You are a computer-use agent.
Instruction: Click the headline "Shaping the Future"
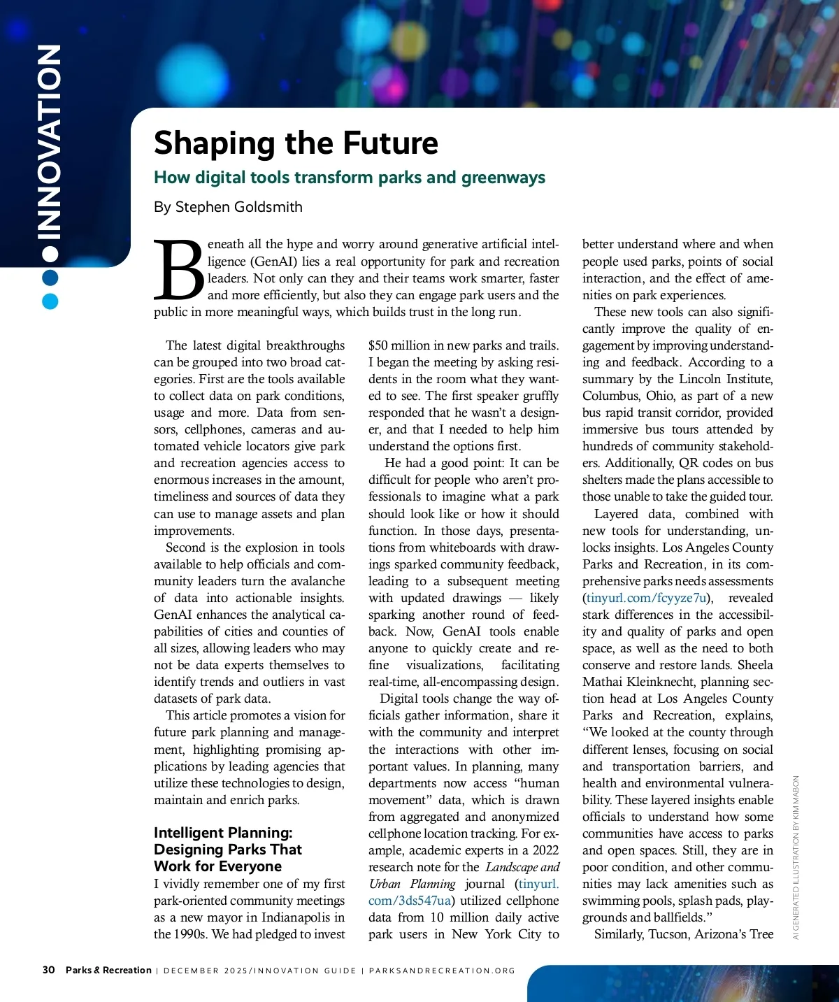(296, 143)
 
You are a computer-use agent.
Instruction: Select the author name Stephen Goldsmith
(238, 207)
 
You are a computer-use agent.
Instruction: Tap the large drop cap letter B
(179, 270)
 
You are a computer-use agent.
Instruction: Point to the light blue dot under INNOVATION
(50, 301)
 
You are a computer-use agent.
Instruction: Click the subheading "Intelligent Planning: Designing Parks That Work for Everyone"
(228, 849)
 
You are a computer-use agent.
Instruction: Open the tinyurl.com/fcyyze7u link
(647, 598)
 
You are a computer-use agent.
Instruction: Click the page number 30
(48, 970)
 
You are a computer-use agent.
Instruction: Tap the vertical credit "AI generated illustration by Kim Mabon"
(796, 857)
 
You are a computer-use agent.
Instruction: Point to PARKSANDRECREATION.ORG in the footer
(442, 971)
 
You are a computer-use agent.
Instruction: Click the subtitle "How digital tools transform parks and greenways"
(350, 177)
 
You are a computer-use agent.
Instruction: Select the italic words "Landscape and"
(522, 867)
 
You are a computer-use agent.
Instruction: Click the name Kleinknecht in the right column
(668, 682)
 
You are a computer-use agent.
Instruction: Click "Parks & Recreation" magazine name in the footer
(108, 970)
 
